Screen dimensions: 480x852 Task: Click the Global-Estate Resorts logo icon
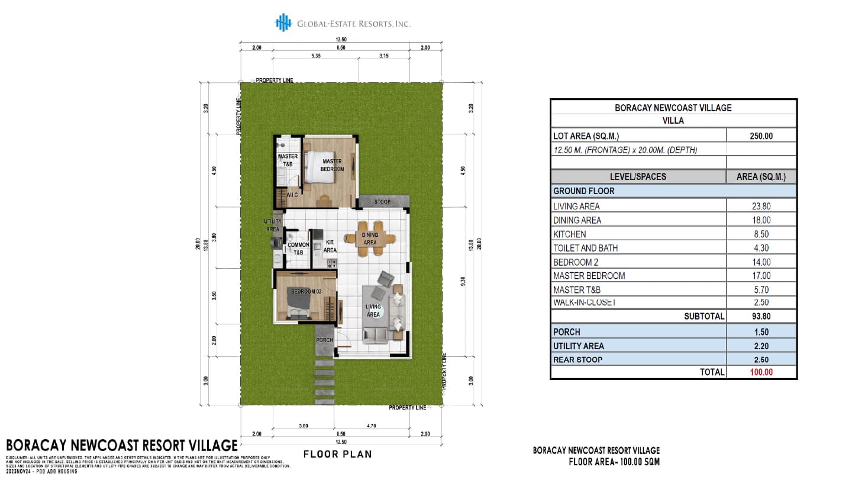pos(283,22)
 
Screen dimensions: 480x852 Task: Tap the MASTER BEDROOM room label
pos(332,165)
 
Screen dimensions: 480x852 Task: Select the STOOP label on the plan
pos(382,202)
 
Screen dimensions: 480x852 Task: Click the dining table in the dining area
pos(370,239)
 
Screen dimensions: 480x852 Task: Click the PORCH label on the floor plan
pos(324,340)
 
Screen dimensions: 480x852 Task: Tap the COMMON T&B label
pos(298,249)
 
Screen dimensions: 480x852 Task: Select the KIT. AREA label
pos(330,246)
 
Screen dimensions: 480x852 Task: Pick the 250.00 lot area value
pos(761,136)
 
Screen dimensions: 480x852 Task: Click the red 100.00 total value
pos(761,372)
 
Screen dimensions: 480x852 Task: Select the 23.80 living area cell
pos(761,207)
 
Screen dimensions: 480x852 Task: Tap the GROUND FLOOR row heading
pos(583,191)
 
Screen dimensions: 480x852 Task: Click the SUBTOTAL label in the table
pos(704,317)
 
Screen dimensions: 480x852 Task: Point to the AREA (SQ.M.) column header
pos(761,176)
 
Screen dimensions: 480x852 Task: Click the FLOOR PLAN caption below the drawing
pos(337,455)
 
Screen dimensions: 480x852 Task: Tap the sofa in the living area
pos(375,336)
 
